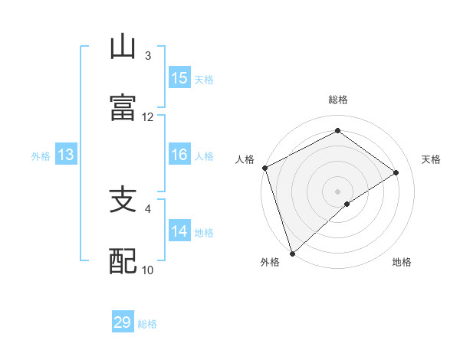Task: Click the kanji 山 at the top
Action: (123, 47)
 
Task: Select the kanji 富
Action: (123, 107)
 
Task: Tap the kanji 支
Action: (123, 200)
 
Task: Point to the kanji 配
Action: (123, 261)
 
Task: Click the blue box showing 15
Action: (179, 78)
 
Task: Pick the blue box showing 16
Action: (179, 155)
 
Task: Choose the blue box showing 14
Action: (179, 231)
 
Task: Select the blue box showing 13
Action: (66, 155)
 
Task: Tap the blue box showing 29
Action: (123, 322)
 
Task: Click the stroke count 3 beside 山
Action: (148, 56)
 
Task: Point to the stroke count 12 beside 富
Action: (148, 116)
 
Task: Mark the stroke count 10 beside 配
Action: (148, 270)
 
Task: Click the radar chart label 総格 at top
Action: (338, 100)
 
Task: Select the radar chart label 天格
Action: (432, 159)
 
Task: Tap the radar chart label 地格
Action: (402, 263)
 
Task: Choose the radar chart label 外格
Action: (270, 263)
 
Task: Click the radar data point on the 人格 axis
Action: (264, 168)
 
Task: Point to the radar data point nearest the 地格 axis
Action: (347, 204)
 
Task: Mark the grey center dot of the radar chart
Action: (337, 191)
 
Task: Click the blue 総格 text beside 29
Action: (148, 324)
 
